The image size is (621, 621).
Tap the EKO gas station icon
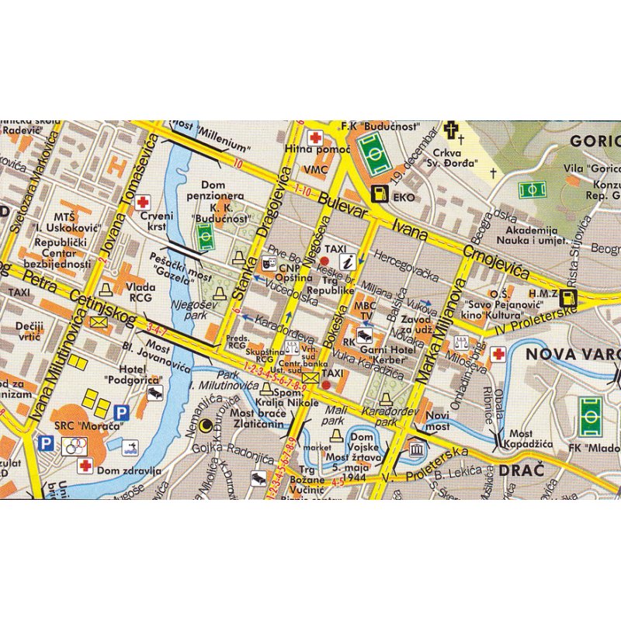(380, 196)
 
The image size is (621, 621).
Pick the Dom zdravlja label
(129, 470)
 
